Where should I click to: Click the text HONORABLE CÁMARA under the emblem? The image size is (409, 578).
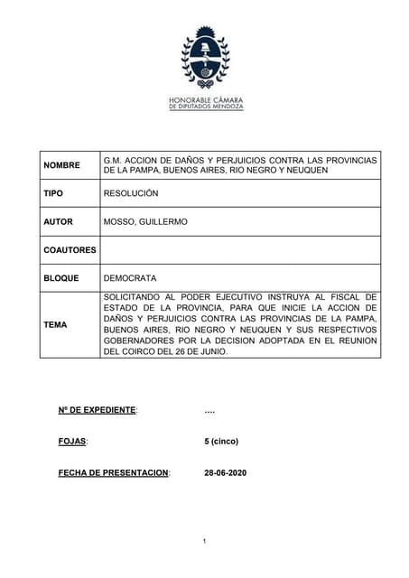pos(205,99)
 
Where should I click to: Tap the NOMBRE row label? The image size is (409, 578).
pos(61,165)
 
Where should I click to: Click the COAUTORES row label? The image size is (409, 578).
pos(70,249)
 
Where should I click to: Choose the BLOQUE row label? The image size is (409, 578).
pos(61,278)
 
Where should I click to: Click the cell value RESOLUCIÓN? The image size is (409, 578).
pos(131,193)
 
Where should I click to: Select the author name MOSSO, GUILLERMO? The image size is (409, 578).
pos(145,221)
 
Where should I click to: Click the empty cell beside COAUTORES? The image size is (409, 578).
pos(240,249)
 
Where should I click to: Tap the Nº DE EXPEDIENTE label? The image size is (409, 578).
pos(98,411)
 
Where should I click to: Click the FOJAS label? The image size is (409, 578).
pos(73,442)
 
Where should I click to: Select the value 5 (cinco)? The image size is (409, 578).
pos(221,442)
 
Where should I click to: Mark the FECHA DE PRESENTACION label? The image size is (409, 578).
pos(114,472)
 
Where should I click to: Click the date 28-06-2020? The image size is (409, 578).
pos(226,472)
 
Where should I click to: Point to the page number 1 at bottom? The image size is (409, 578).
pos(205,541)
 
